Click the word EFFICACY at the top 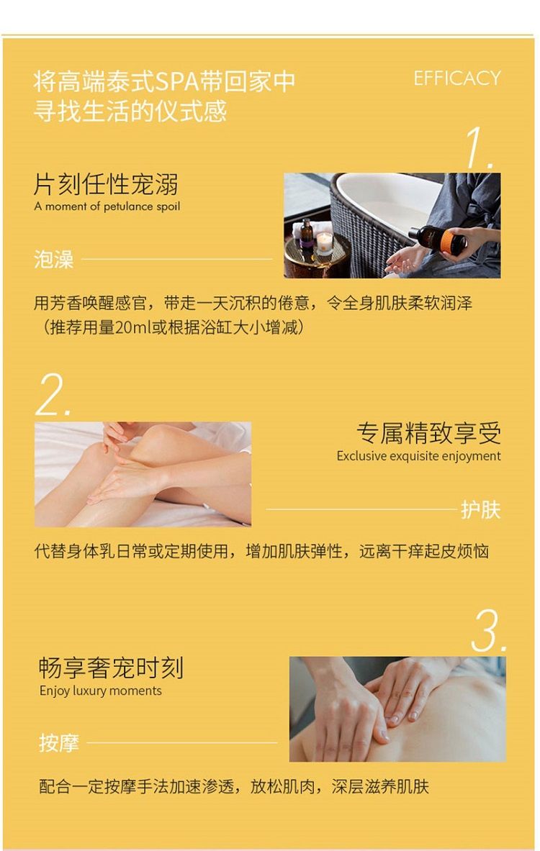pyautogui.click(x=457, y=78)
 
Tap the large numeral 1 pyautogui.click(x=479, y=147)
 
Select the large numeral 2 pyautogui.click(x=53, y=394)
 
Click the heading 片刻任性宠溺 pyautogui.click(x=106, y=185)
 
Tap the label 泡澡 pyautogui.click(x=53, y=260)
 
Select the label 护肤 pyautogui.click(x=480, y=509)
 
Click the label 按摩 pyautogui.click(x=58, y=742)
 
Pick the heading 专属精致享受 pyautogui.click(x=428, y=433)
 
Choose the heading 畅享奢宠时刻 pyautogui.click(x=111, y=668)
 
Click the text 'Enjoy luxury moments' pyautogui.click(x=101, y=691)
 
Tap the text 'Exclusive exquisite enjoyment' pyautogui.click(x=418, y=456)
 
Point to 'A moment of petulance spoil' pyautogui.click(x=107, y=206)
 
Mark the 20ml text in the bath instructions pyautogui.click(x=132, y=328)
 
